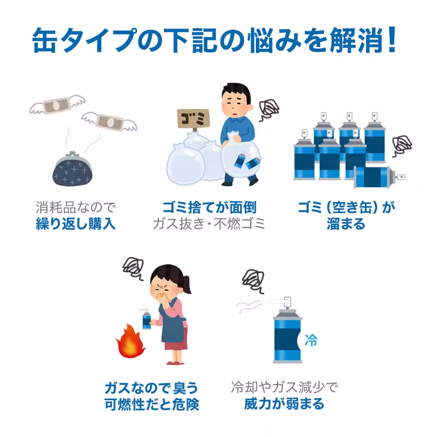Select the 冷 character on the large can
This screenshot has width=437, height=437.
tap(310, 341)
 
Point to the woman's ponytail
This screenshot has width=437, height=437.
tap(188, 284)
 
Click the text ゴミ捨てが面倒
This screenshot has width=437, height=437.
tap(209, 208)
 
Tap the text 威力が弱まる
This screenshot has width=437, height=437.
tap(284, 403)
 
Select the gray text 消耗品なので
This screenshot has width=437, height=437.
tap(75, 208)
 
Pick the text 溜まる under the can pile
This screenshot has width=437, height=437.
tap(346, 224)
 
